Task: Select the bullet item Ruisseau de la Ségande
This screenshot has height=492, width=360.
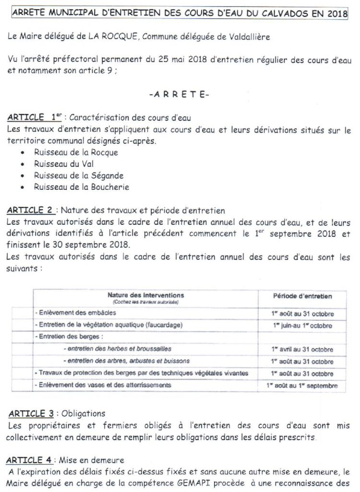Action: point(78,175)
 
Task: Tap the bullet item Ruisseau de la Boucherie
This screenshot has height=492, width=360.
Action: point(81,187)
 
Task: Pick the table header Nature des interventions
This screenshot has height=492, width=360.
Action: point(145,295)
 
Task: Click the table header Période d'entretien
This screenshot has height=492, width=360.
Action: point(302,296)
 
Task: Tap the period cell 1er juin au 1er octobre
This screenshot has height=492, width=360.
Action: point(302,325)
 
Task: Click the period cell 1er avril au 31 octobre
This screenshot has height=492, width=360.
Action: point(302,349)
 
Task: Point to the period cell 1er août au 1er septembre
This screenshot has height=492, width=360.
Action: point(302,385)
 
